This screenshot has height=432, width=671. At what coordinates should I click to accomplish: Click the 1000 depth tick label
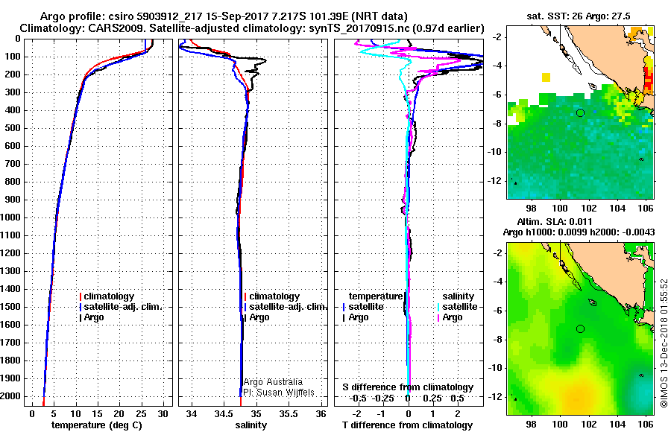tap(13, 217)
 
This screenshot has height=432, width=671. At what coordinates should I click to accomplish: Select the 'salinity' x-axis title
tap(250, 425)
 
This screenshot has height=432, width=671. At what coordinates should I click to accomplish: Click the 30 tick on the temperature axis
tap(163, 413)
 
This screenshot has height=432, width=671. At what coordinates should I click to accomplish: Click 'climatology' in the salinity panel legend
tap(274, 296)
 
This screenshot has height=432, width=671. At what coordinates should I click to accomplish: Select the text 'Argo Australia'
tap(273, 381)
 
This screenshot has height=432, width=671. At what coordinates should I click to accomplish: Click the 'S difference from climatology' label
tap(408, 387)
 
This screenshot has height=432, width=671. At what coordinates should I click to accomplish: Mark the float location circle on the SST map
tap(580, 113)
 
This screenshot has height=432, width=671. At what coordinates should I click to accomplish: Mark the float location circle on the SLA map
tap(580, 328)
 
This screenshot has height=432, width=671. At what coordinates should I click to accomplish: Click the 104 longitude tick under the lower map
tap(620, 422)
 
